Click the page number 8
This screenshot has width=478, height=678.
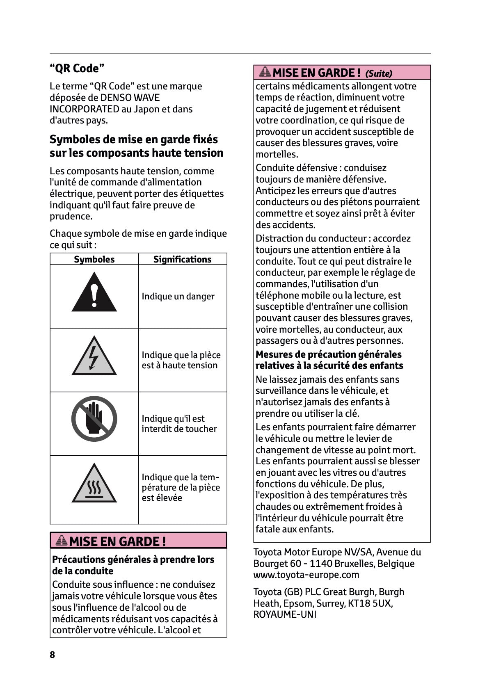tap(52, 654)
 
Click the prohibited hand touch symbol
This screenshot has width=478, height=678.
tap(94, 418)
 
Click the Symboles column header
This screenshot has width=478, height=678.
tap(94, 259)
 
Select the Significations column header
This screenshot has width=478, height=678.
tap(182, 259)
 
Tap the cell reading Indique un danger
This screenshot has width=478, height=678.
tap(178, 296)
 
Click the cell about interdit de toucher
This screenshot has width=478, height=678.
tap(179, 424)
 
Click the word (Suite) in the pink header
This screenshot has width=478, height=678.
tap(378, 73)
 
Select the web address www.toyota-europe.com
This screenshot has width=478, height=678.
tap(306, 575)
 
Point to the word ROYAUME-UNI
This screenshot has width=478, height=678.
tap(285, 614)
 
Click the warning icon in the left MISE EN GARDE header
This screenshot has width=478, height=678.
tap(61, 540)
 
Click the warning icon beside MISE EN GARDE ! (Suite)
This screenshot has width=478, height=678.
tap(265, 73)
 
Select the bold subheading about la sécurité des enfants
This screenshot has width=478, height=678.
tap(329, 360)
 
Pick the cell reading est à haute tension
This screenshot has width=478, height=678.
tap(180, 365)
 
